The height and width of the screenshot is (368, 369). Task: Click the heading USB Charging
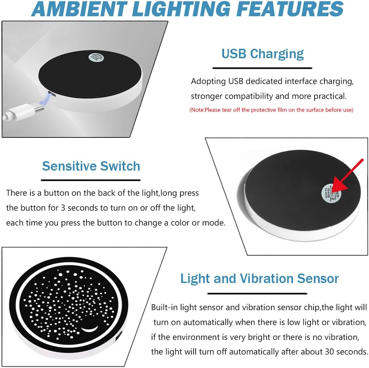click(x=263, y=54)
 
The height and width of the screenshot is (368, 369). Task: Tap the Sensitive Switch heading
click(x=91, y=166)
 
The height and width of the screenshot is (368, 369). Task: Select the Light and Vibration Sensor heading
click(x=259, y=278)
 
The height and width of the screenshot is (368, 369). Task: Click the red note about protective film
click(x=271, y=110)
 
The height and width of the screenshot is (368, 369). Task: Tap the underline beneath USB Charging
click(x=262, y=68)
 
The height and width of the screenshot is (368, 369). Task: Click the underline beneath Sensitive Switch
click(x=91, y=180)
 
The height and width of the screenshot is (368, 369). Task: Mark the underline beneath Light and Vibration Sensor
click(x=257, y=293)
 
